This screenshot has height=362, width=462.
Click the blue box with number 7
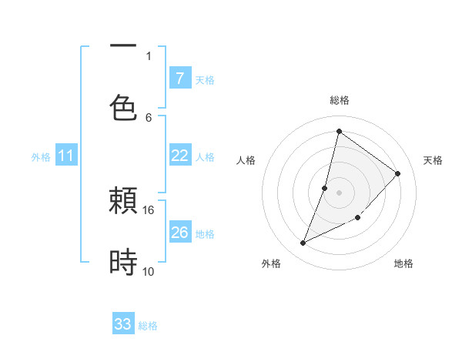coord(179,78)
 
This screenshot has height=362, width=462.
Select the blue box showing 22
coord(179,156)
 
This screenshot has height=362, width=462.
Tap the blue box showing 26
coord(179,232)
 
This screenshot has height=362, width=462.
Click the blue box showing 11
coord(66,156)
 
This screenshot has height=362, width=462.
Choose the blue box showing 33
coord(123,324)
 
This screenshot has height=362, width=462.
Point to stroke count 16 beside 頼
coord(148,209)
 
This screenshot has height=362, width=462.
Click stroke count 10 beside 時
coord(148,271)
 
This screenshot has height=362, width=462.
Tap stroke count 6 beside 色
coord(149,117)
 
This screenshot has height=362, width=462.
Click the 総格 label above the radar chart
coord(339,100)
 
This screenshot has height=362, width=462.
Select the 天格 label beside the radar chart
coord(433,160)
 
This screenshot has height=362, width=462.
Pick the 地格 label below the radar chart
coord(403,263)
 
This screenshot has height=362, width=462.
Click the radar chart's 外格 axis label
coord(271,263)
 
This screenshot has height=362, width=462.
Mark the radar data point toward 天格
coord(397,173)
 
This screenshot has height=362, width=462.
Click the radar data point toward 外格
coord(303,243)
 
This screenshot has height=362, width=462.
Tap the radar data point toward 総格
coord(339,131)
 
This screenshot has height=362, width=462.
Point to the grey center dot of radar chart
coord(339,192)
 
